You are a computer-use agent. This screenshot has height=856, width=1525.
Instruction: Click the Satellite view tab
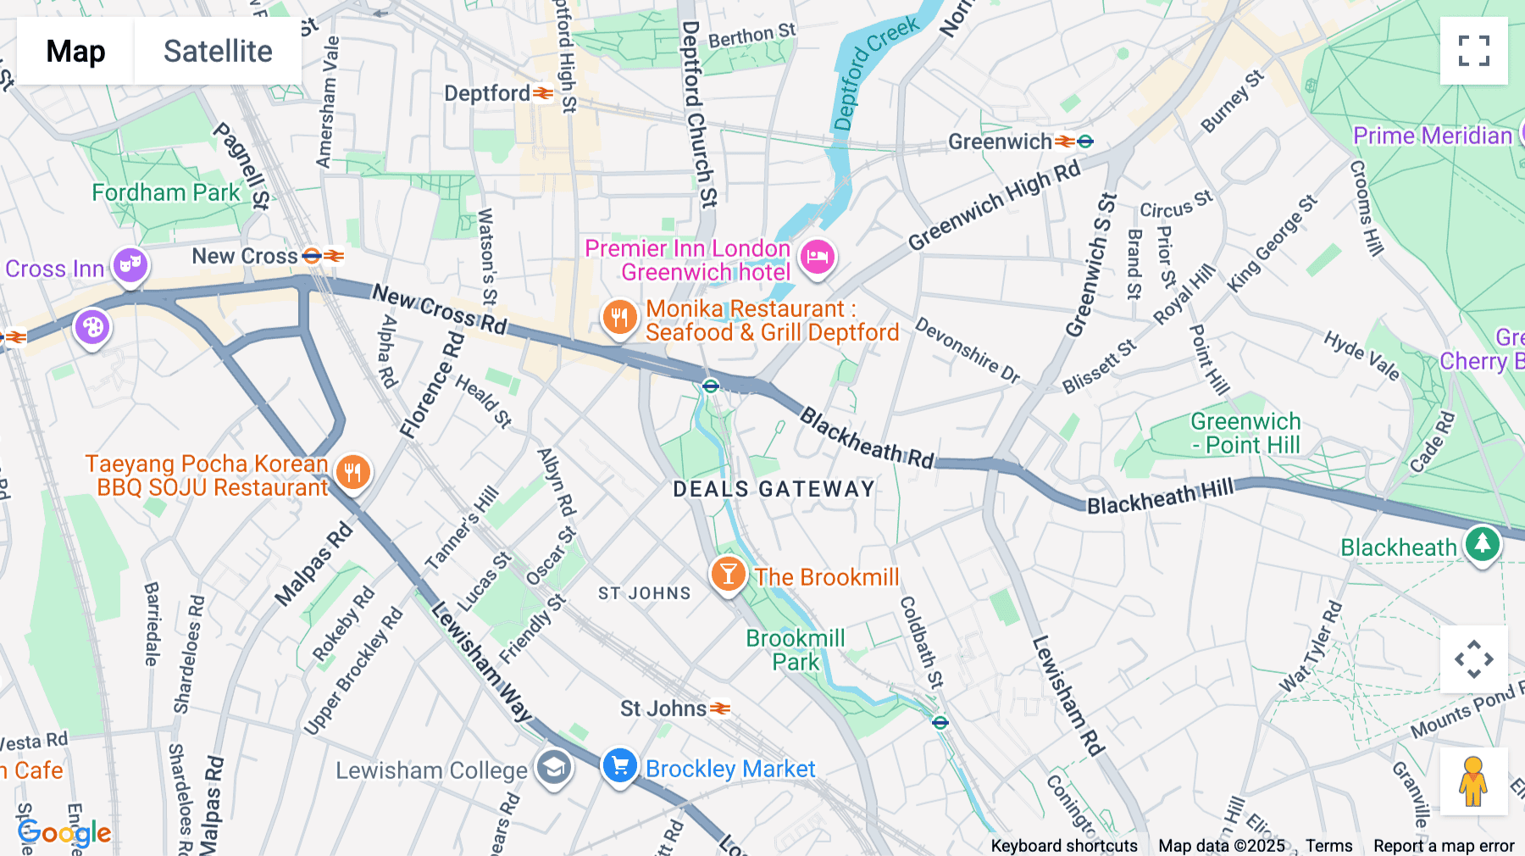pyautogui.click(x=218, y=51)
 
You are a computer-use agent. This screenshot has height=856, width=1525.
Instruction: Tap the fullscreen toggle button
pyautogui.click(x=1473, y=51)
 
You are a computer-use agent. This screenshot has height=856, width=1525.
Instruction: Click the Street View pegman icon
pyautogui.click(x=1473, y=781)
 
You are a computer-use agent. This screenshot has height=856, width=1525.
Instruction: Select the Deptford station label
pyautogui.click(x=488, y=93)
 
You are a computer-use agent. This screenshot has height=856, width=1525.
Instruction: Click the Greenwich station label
pyautogui.click(x=1000, y=142)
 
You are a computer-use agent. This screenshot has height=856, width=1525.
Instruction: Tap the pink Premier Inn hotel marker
pyautogui.click(x=818, y=257)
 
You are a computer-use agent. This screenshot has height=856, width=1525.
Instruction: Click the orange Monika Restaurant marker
pyautogui.click(x=619, y=319)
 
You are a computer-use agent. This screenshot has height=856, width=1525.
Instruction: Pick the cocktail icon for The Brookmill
pyautogui.click(x=728, y=575)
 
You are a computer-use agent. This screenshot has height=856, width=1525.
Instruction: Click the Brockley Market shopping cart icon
pyautogui.click(x=619, y=766)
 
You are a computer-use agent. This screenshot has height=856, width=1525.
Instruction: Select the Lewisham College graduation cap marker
pyautogui.click(x=553, y=769)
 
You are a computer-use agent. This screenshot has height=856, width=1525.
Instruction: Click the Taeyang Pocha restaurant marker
pyautogui.click(x=353, y=473)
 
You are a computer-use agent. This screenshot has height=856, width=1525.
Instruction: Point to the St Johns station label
pyautogui.click(x=663, y=709)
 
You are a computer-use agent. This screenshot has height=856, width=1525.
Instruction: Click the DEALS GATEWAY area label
pyautogui.click(x=774, y=489)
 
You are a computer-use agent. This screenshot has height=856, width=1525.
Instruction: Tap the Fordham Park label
pyautogui.click(x=166, y=193)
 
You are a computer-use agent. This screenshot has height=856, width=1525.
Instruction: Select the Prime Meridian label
pyautogui.click(x=1432, y=136)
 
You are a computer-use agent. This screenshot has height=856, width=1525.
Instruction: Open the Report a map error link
pyautogui.click(x=1444, y=846)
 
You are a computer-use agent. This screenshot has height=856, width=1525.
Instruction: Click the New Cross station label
pyautogui.click(x=245, y=256)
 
